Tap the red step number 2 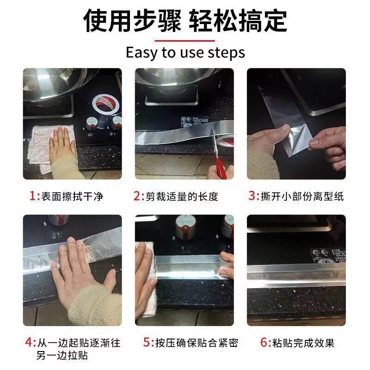point(137,196)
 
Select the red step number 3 point(252,196)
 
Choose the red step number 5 point(147,343)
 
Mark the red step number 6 point(264,343)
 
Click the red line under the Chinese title point(185,41)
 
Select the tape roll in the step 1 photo point(105,104)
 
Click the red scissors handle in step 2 point(221,167)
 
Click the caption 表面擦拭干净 point(72,197)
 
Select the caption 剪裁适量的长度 point(182,197)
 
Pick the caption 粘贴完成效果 point(303,343)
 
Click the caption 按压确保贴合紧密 point(197,343)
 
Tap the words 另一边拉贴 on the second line point(62,356)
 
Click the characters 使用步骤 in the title point(132,21)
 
